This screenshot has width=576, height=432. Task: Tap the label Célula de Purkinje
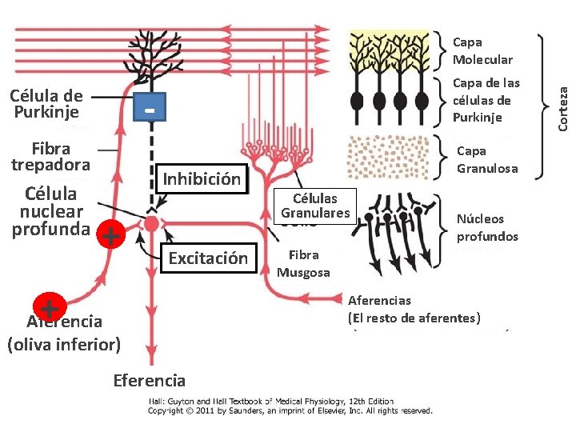(x=46, y=104)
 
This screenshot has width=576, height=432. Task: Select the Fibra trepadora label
(x=50, y=157)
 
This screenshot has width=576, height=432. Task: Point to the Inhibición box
(x=202, y=179)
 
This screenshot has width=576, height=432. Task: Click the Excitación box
(x=208, y=258)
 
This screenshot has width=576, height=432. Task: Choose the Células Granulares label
(x=315, y=206)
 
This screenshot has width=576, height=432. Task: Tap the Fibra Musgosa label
(x=304, y=263)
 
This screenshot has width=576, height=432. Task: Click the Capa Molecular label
(x=482, y=50)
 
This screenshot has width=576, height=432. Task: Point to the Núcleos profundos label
(x=486, y=227)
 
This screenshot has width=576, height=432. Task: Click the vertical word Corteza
(x=563, y=99)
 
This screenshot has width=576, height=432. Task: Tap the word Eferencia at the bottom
(x=150, y=381)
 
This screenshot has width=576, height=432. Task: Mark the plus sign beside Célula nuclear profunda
(x=111, y=236)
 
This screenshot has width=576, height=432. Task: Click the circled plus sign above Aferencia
(x=49, y=308)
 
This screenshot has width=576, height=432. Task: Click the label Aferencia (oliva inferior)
(x=64, y=334)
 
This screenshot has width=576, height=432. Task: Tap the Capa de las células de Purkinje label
(x=486, y=100)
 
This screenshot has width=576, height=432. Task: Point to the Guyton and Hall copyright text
(x=290, y=406)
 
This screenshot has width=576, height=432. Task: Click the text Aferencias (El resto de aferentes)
(x=414, y=310)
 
